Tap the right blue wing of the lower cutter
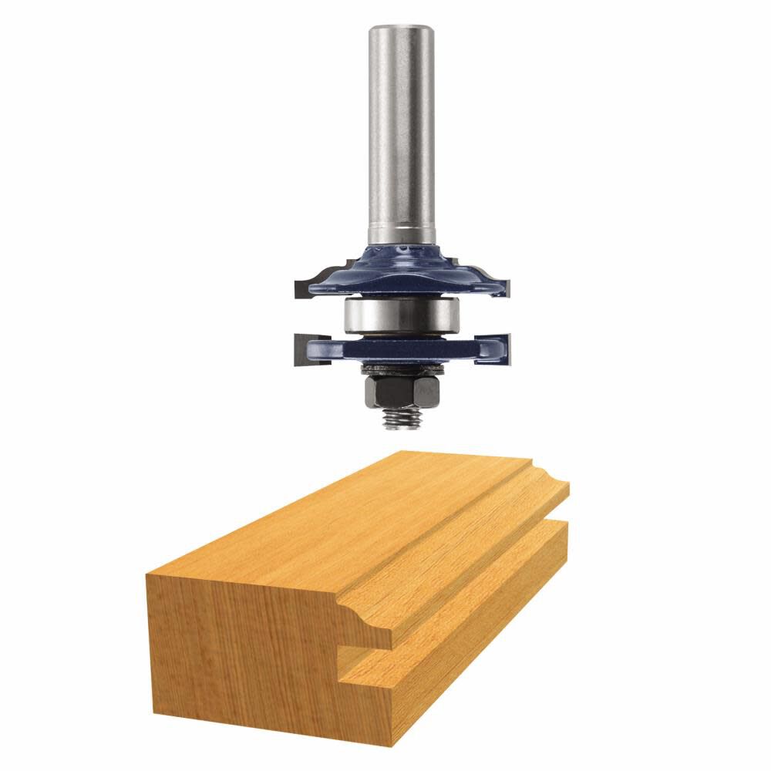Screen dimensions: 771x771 (x=482, y=348)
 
